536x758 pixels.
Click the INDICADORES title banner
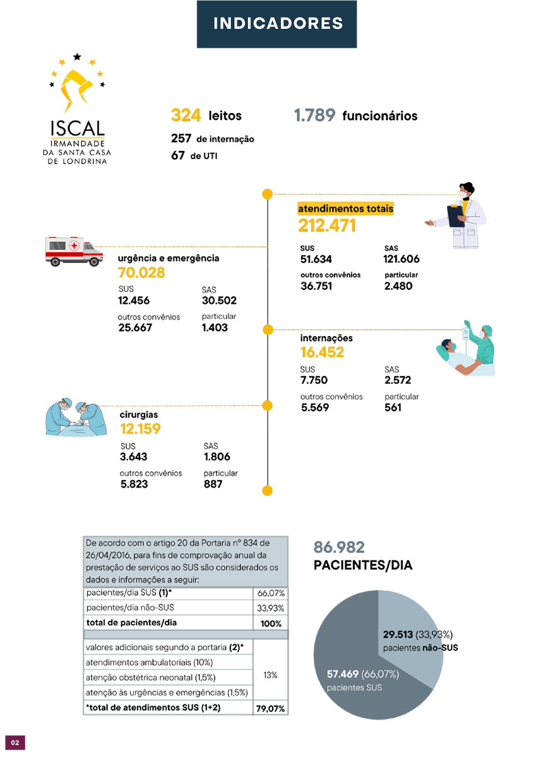pyautogui.click(x=277, y=24)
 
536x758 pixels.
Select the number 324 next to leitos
pyautogui.click(x=186, y=116)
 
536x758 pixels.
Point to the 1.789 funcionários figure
pyautogui.click(x=314, y=116)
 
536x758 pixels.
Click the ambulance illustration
pyautogui.click(x=74, y=251)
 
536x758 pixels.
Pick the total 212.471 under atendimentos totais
pyautogui.click(x=327, y=226)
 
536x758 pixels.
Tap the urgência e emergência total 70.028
pyautogui.click(x=141, y=273)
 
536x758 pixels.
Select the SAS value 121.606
pyautogui.click(x=401, y=259)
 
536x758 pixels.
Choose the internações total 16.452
pyautogui.click(x=322, y=352)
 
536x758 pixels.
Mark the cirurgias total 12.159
pyautogui.click(x=140, y=429)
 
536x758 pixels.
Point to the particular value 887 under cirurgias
pyautogui.click(x=213, y=484)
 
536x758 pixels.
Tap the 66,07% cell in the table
pyautogui.click(x=271, y=594)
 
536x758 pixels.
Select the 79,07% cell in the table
pyautogui.click(x=271, y=709)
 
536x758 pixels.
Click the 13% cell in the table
pyautogui.click(x=271, y=675)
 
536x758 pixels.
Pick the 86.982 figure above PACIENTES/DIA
pyautogui.click(x=339, y=548)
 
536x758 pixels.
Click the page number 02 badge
pyautogui.click(x=15, y=741)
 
